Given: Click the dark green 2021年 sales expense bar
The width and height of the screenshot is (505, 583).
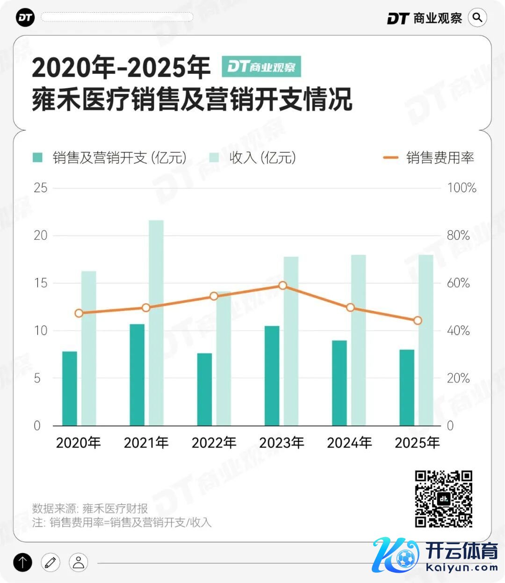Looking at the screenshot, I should point(137,374).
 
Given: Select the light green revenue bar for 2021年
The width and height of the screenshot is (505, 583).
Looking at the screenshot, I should point(156,323).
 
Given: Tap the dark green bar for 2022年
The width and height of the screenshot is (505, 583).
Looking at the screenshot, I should point(204,389).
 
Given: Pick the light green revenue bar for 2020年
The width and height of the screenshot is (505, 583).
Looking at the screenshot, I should point(89,348).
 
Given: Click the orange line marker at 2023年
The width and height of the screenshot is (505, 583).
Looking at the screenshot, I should point(282,285).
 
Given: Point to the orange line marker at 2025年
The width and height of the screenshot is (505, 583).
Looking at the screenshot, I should point(418,321).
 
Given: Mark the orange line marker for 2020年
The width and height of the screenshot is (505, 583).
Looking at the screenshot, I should point(79,313).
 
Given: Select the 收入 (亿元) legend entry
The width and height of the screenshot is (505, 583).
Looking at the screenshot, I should point(253,158).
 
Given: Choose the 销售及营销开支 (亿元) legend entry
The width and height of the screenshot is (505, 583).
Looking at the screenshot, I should point(110,158).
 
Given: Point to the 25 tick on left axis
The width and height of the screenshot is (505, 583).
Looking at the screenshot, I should point(41,188).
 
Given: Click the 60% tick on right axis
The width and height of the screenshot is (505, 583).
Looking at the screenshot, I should point(458,283).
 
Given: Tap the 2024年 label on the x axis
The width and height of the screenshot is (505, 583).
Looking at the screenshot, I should point(349,442).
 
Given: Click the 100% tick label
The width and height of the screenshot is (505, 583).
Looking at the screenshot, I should point(462,188).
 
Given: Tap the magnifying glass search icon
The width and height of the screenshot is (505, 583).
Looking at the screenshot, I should point(477,18).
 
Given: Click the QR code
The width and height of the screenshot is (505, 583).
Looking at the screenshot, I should point(443,499).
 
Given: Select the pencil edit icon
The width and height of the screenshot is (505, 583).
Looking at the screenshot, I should point(50,562).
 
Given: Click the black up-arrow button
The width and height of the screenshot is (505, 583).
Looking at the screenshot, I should point(22,562).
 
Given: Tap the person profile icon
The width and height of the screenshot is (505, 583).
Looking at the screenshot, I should point(79,562).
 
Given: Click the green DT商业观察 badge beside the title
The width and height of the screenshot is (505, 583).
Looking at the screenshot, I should point(261,67).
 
